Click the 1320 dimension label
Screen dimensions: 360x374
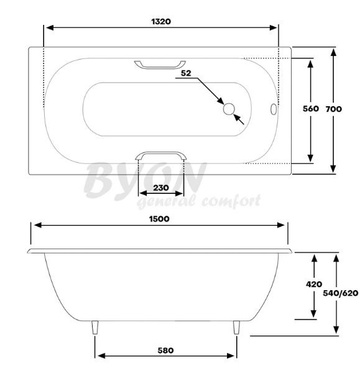tap(161, 22)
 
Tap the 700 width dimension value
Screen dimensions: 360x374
tap(334, 109)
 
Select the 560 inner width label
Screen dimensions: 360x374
tap(311, 109)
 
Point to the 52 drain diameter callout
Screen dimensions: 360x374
tap(186, 73)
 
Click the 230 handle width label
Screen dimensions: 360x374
tap(161, 188)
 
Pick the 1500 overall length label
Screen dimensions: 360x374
tap(159, 219)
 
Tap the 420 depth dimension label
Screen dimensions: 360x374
tap(314, 284)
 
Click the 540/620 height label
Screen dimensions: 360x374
tap(341, 293)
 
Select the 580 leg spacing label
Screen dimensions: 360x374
tap(165, 350)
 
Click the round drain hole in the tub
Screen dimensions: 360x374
tap(229, 109)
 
